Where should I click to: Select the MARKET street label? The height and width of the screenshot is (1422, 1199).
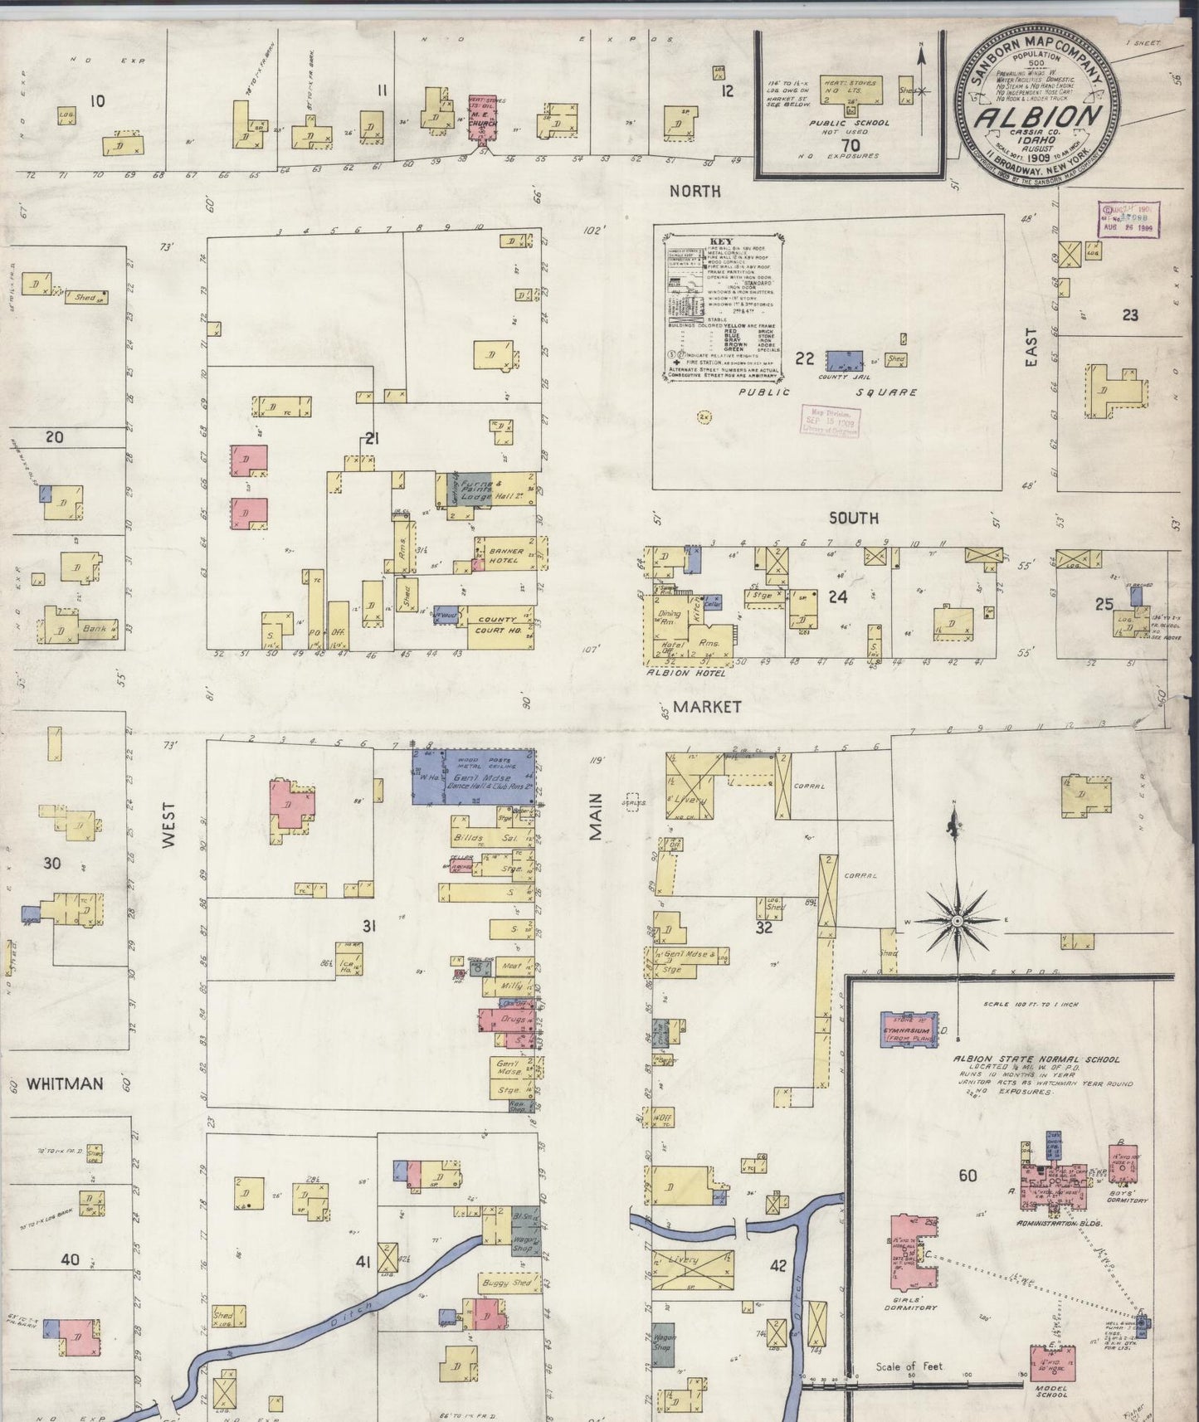pos(706,707)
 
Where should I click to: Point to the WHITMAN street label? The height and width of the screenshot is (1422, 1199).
pos(64,1084)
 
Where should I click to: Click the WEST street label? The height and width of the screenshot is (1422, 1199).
pos(169,825)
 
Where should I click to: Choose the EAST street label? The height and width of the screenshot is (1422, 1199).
pos(1031,348)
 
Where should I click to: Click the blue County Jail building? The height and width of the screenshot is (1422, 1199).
pos(842,360)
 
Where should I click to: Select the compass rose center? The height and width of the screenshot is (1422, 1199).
pos(957,922)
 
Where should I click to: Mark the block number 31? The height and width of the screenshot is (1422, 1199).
pos(368,926)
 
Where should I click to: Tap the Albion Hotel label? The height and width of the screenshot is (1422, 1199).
pos(687,673)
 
